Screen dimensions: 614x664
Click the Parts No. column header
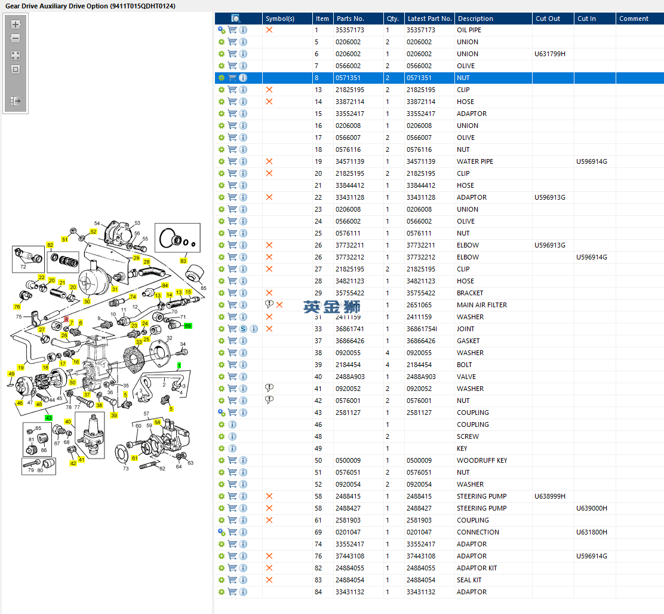point(350,19)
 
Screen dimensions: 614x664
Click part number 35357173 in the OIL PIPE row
point(349,30)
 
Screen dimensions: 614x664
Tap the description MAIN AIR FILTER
point(481,305)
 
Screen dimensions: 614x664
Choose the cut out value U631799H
point(549,54)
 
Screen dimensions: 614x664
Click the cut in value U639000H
point(592,508)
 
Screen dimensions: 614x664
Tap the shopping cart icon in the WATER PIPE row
point(232,161)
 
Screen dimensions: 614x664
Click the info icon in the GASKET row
point(243,341)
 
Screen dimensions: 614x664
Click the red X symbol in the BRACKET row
point(269,293)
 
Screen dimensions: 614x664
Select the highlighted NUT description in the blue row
point(463,78)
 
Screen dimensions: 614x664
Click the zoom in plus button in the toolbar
point(16,25)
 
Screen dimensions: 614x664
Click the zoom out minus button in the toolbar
point(16,38)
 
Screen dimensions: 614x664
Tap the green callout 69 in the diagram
point(187,326)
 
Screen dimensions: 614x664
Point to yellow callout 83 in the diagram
point(183,261)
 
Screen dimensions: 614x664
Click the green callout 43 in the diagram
point(48,417)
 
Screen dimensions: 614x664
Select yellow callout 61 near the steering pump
point(134,459)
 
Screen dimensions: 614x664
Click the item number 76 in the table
point(318,556)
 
